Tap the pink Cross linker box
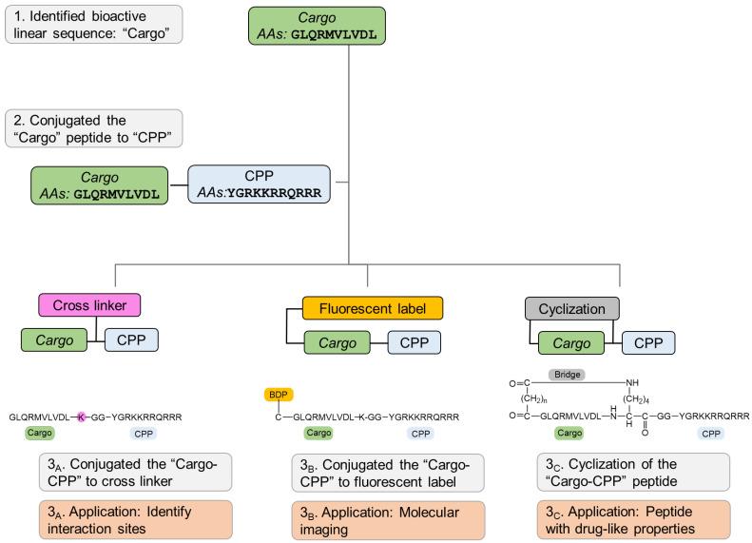pyautogui.click(x=89, y=305)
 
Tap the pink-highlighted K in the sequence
pyautogui.click(x=82, y=417)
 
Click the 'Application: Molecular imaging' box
pyautogui.click(x=387, y=519)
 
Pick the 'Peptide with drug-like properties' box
pyautogui.click(x=634, y=519)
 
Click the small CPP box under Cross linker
pyautogui.click(x=131, y=340)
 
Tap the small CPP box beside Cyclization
pyautogui.click(x=649, y=343)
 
